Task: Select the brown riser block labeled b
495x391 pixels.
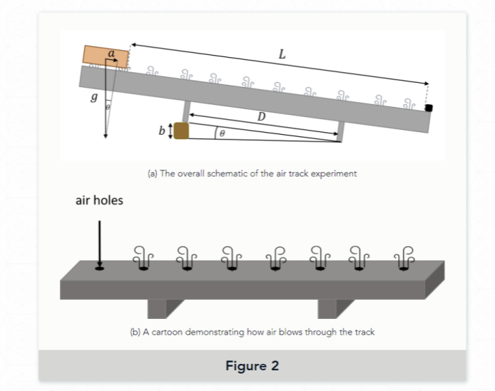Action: [181, 131]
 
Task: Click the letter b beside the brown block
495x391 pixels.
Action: [162, 131]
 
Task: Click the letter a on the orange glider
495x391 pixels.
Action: [111, 53]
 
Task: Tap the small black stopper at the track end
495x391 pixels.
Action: [429, 108]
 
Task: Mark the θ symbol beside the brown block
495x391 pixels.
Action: [222, 133]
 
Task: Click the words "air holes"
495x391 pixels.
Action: [99, 200]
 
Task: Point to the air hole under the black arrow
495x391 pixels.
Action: [99, 269]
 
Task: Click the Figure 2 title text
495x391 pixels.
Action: [252, 366]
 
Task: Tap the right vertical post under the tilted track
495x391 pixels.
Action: [340, 128]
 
